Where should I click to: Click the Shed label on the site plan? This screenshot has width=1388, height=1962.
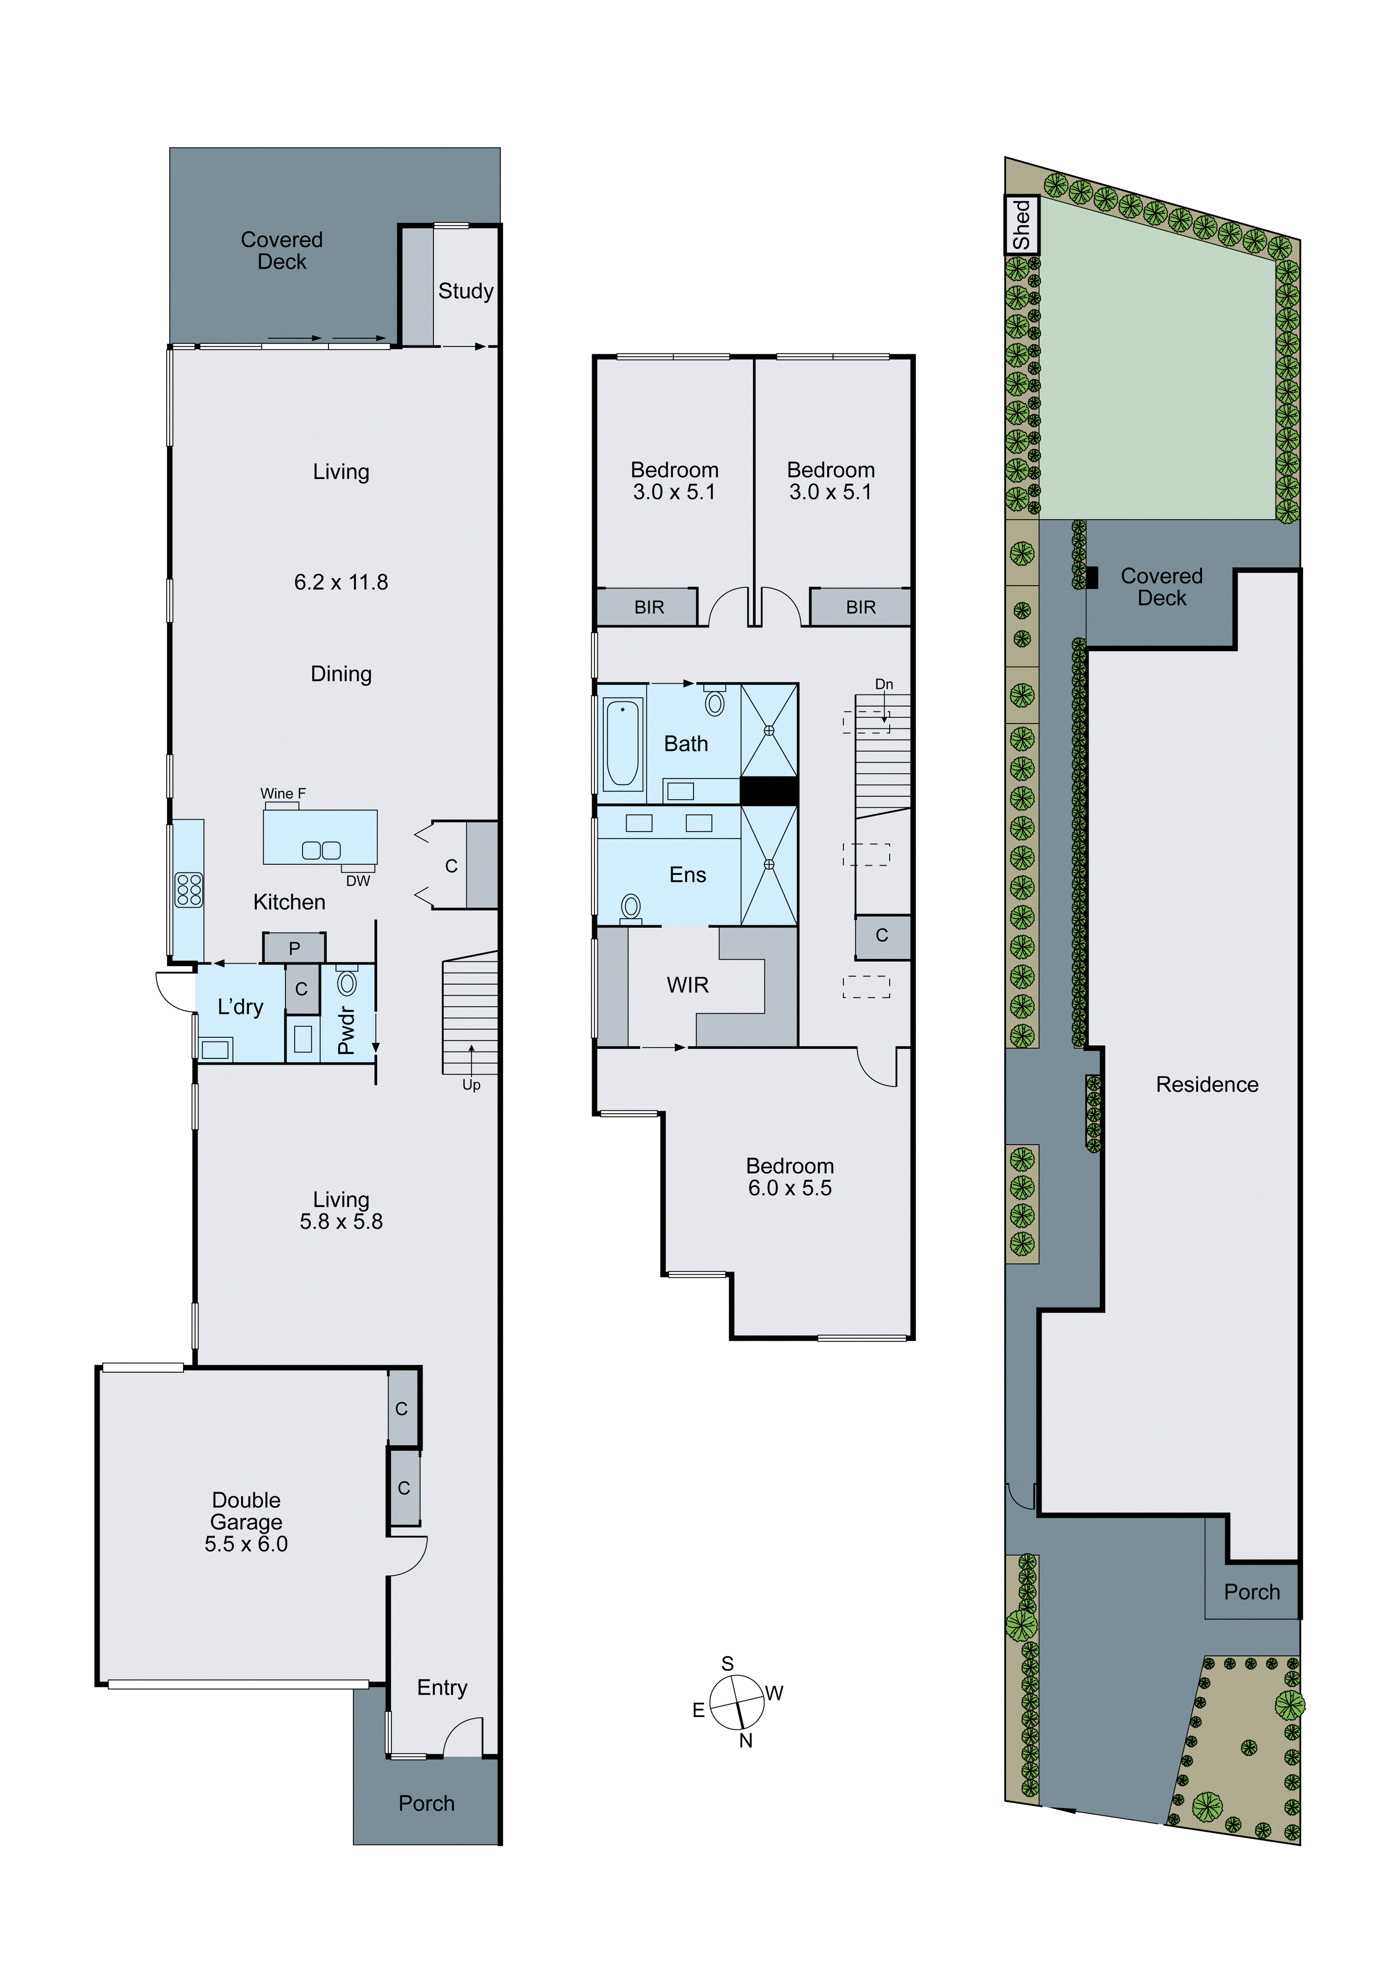coord(1022,225)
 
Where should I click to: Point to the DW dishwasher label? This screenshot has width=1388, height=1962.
coord(358,881)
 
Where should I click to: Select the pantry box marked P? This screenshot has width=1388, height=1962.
coord(294,947)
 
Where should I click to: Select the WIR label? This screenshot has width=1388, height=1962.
coord(687,985)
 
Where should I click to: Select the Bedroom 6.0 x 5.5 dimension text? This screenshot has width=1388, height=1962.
coord(790,1188)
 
